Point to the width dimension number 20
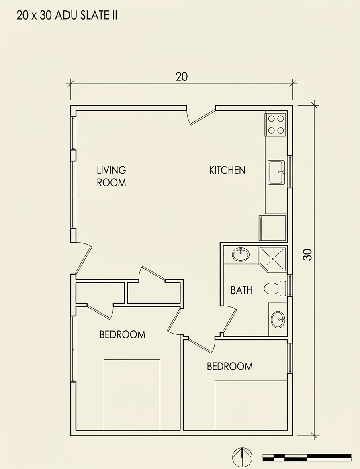182,77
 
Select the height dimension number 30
308,255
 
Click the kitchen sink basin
276,172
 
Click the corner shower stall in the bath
273,259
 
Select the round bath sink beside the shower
241,255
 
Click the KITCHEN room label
227,171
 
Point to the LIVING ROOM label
111,176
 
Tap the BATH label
241,290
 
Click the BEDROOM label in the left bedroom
123,334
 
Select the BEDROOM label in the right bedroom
230,366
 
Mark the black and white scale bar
307,457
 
